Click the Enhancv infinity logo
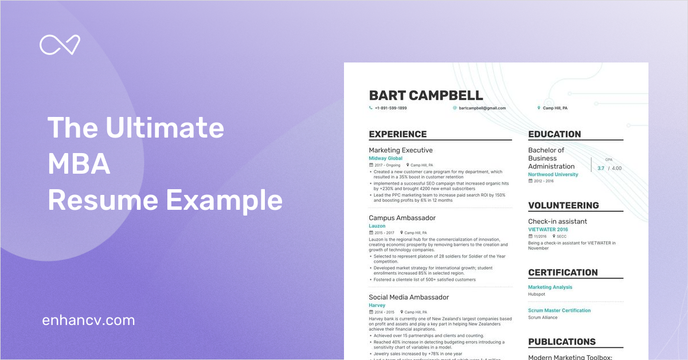(x=60, y=45)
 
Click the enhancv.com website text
(x=88, y=320)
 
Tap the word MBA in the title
(x=79, y=165)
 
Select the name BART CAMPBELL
(x=425, y=95)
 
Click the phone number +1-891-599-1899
(x=390, y=108)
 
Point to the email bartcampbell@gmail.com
(x=482, y=108)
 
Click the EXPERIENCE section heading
(x=397, y=134)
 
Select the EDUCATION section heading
(x=554, y=134)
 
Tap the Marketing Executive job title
(x=401, y=150)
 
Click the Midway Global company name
(x=385, y=158)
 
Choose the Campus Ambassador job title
(x=402, y=218)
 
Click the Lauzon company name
(x=377, y=226)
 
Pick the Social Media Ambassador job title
(x=409, y=297)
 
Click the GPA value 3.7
(x=601, y=169)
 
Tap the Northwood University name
(x=553, y=174)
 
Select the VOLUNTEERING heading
(x=563, y=205)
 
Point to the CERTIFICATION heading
(x=562, y=272)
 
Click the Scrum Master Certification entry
(x=559, y=311)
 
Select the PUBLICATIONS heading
(x=561, y=342)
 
